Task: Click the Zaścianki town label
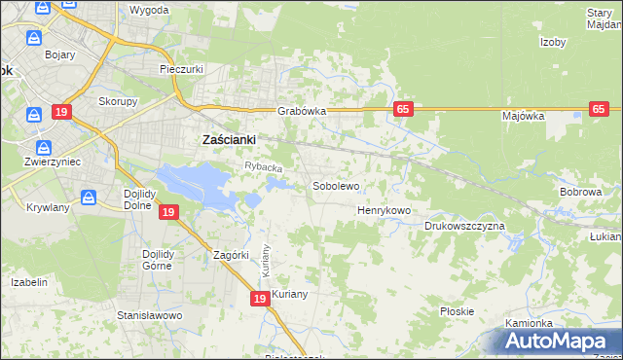pyautogui.click(x=228, y=139)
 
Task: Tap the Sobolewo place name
pyautogui.click(x=336, y=185)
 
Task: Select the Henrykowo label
pyautogui.click(x=384, y=210)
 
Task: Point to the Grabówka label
pyautogui.click(x=301, y=111)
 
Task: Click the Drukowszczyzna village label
pyautogui.click(x=464, y=226)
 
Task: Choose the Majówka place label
pyautogui.click(x=523, y=116)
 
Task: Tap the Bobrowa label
pyautogui.click(x=580, y=192)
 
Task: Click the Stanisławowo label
pyautogui.click(x=150, y=315)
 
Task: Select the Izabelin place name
pyautogui.click(x=29, y=282)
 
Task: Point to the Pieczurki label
pyautogui.click(x=180, y=69)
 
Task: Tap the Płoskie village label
pyautogui.click(x=457, y=311)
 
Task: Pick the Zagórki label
pyautogui.click(x=233, y=255)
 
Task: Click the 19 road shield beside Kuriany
pyautogui.click(x=260, y=300)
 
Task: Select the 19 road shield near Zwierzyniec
pyautogui.click(x=62, y=112)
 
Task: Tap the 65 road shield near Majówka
pyautogui.click(x=599, y=110)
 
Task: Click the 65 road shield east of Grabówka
pyautogui.click(x=403, y=110)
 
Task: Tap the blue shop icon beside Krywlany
pyautogui.click(x=90, y=198)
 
